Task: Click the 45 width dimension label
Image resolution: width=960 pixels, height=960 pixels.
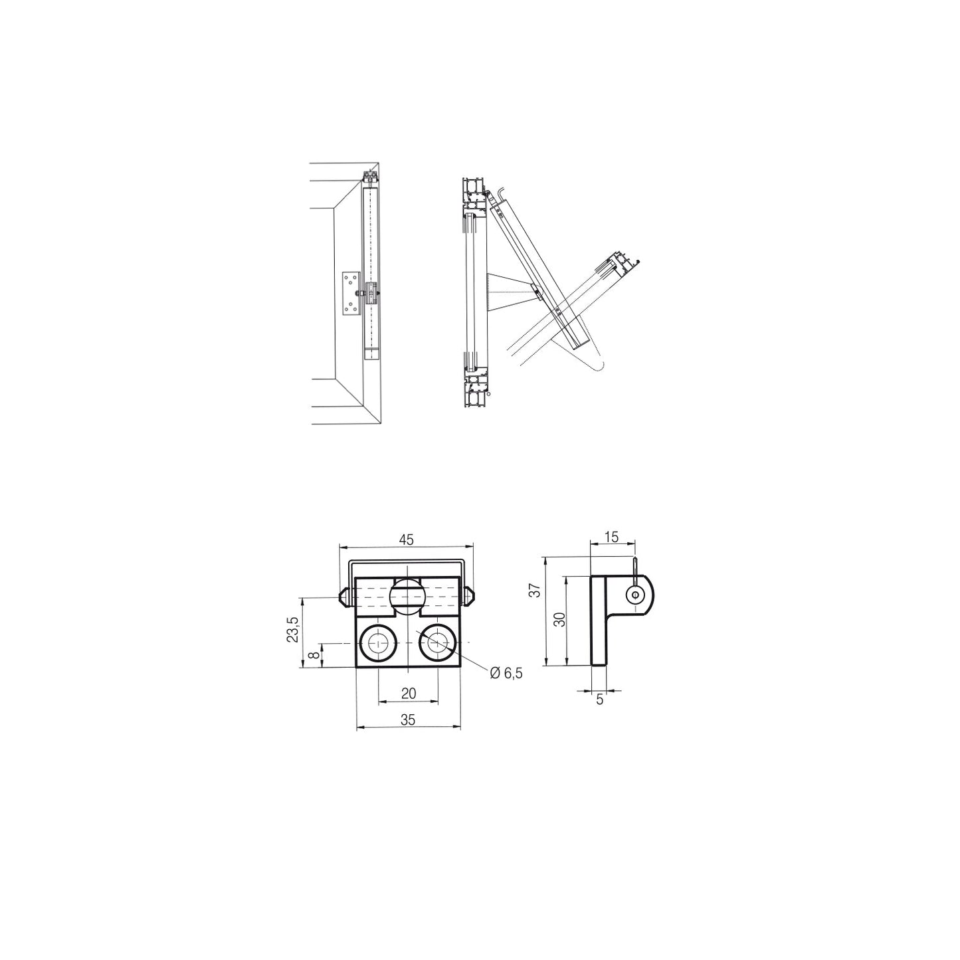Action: (407, 539)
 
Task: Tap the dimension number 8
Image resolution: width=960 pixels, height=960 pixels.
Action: (314, 654)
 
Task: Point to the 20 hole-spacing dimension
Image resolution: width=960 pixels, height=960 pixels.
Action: (409, 693)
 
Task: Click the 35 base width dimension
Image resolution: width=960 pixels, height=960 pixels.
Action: (407, 720)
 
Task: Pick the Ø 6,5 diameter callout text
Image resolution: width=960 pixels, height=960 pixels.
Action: (506, 674)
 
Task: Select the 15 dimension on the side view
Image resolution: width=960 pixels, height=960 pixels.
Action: (611, 537)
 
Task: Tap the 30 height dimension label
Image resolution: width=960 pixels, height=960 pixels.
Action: (561, 619)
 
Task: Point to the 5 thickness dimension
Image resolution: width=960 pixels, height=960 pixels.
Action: (600, 700)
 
